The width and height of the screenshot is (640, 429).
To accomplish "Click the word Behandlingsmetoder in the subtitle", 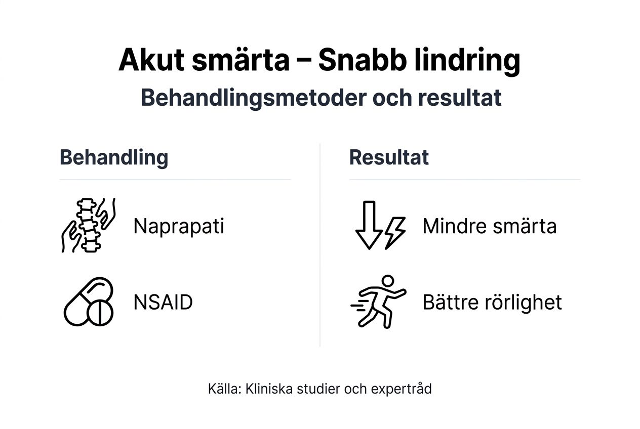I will tap(253, 98).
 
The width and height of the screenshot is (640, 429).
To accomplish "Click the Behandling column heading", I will tap(114, 157).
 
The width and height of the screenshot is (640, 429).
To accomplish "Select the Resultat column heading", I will tap(389, 157).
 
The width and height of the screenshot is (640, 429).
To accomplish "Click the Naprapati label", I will tap(178, 226).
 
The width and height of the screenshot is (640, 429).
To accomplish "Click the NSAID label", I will tap(163, 303).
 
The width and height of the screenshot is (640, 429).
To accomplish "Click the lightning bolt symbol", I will tap(395, 233).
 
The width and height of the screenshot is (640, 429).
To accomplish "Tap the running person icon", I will tap(379, 302).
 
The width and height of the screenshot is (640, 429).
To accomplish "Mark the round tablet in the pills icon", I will tap(100, 314).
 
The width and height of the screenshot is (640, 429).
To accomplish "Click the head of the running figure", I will tap(387, 281).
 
